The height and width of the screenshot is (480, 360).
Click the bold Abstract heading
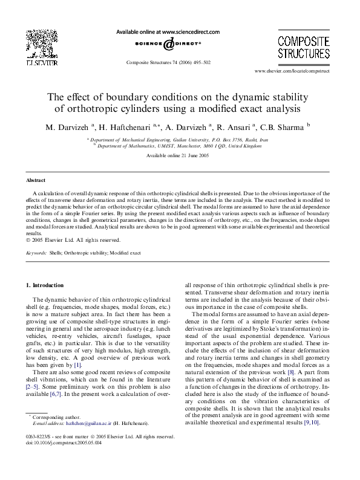(36, 180)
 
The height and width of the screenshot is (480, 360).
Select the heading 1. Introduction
(47, 284)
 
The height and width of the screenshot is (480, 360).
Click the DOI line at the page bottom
(65, 459)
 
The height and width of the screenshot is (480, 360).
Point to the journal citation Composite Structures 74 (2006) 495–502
(168, 62)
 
